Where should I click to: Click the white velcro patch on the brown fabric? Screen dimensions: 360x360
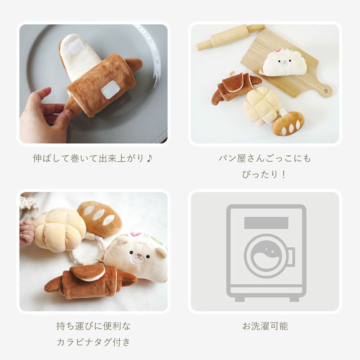[x=111, y=89]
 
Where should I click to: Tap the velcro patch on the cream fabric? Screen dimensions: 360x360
[x=76, y=46]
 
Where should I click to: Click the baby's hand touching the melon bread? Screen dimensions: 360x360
[x=27, y=231]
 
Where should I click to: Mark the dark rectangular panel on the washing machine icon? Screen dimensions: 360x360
[x=266, y=222]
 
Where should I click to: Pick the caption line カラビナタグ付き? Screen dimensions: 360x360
[x=94, y=342]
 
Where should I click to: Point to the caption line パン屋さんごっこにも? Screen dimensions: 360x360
[x=265, y=158]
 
